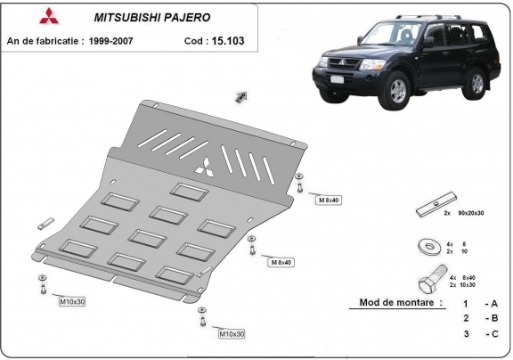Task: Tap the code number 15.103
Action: click(x=228, y=40)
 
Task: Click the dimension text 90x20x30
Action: click(x=468, y=215)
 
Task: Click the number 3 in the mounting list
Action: click(x=465, y=333)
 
